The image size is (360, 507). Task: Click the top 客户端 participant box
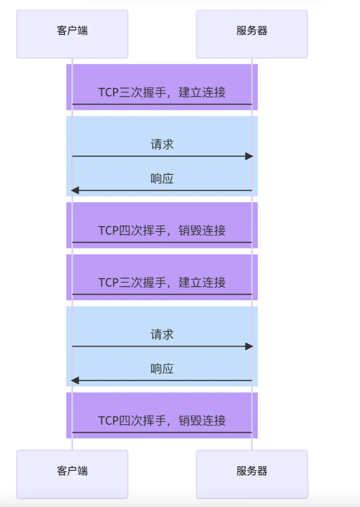pos(72,34)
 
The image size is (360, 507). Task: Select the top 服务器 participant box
pos(252,34)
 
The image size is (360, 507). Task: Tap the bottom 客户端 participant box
pos(72,474)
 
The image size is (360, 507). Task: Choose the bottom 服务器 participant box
pos(252,474)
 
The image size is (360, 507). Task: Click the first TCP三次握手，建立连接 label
pos(162,92)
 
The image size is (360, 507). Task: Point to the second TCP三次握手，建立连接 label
pos(162,282)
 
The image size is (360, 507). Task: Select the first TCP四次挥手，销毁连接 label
pos(162,231)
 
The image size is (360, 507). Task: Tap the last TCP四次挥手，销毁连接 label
pos(162,420)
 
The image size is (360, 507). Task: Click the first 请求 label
pos(162,144)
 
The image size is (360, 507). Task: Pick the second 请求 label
pos(162,334)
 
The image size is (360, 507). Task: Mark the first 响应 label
pos(162,179)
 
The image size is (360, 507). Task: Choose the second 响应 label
pos(162,369)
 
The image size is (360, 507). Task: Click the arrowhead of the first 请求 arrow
pos(249,156)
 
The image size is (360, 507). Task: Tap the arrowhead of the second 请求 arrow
pos(249,346)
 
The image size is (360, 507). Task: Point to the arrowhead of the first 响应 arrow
pos(75,190)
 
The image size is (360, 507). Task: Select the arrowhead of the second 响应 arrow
pos(75,381)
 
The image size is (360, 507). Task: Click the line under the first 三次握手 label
pos(162,104)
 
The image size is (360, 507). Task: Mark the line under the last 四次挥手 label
pos(162,432)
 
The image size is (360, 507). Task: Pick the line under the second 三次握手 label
pos(162,295)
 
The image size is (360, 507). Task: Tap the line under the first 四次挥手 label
pos(162,242)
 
